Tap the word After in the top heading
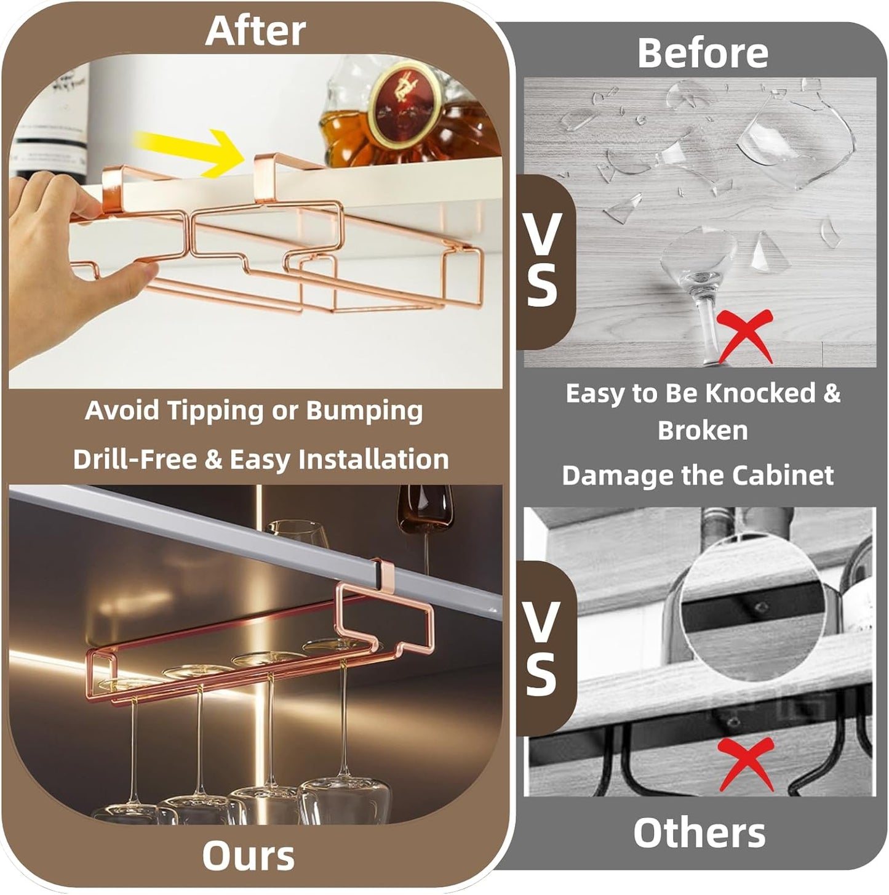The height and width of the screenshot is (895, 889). [x=255, y=31]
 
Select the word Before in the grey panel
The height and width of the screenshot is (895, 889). [x=703, y=52]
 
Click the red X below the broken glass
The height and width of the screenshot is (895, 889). [x=744, y=336]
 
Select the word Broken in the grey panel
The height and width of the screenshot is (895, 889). [x=703, y=430]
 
